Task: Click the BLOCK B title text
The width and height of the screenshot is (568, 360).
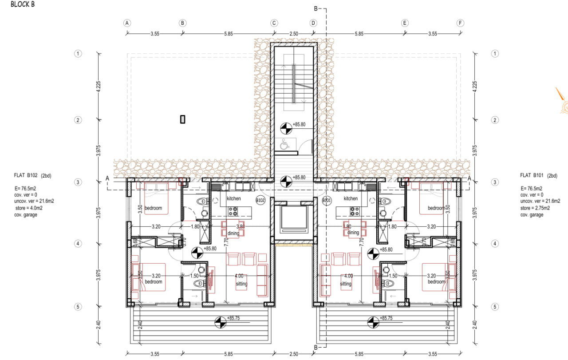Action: coord(23,5)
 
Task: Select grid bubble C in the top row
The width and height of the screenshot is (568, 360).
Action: coord(274,23)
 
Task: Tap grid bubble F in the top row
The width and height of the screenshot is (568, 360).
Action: coord(460,23)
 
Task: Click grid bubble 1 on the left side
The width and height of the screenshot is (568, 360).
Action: coord(78,54)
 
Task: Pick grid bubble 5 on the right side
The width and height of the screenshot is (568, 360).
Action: coord(496,307)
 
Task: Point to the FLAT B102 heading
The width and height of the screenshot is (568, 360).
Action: coord(27,176)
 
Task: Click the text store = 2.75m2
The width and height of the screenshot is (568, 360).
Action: coord(535,208)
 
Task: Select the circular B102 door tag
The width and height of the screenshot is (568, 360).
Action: coord(260,201)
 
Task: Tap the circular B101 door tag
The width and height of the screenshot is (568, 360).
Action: coord(327,201)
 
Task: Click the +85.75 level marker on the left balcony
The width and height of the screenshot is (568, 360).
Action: coord(219,321)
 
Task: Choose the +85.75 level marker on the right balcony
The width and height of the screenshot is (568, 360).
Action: coord(372,321)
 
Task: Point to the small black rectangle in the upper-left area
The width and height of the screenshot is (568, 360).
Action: coord(182,119)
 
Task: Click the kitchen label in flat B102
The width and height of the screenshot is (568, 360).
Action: coord(233,198)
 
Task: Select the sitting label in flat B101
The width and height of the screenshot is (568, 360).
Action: coord(345,284)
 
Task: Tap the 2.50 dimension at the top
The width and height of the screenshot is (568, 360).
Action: coord(293,34)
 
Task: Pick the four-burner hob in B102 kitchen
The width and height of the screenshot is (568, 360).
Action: coord(234,211)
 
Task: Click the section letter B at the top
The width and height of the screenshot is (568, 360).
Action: coord(316,8)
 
